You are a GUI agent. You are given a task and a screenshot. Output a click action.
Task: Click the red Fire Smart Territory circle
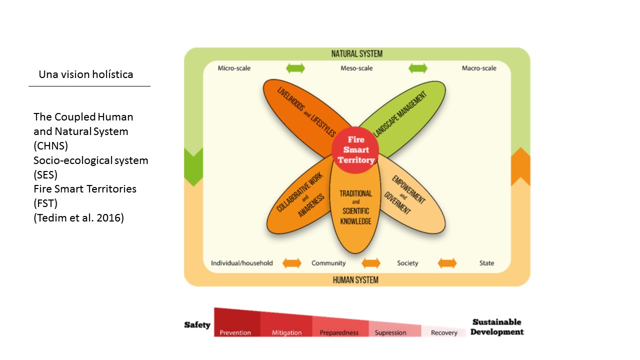(355, 149)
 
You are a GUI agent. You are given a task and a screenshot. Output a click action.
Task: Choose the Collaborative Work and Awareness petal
(299, 200)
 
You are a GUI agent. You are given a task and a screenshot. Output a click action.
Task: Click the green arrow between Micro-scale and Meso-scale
(295, 68)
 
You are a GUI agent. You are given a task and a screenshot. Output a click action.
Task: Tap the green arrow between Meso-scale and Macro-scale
(417, 68)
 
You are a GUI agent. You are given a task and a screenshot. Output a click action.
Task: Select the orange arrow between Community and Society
(371, 263)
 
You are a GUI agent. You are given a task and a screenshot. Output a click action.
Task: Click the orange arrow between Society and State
(447, 263)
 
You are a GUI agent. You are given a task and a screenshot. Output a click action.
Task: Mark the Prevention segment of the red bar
(236, 325)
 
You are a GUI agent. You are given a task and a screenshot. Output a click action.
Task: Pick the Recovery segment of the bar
(444, 331)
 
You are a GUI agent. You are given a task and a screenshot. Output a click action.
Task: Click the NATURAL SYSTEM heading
(356, 54)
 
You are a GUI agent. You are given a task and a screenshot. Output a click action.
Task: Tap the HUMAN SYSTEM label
(355, 280)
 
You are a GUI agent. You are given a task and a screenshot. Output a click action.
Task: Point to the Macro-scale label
(479, 68)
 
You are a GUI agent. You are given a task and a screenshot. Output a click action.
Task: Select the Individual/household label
(242, 263)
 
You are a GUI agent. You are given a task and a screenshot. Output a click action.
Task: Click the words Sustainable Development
(497, 327)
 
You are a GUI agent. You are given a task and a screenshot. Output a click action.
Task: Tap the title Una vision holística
(86, 74)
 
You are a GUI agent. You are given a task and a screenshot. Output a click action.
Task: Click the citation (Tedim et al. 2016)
(78, 218)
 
